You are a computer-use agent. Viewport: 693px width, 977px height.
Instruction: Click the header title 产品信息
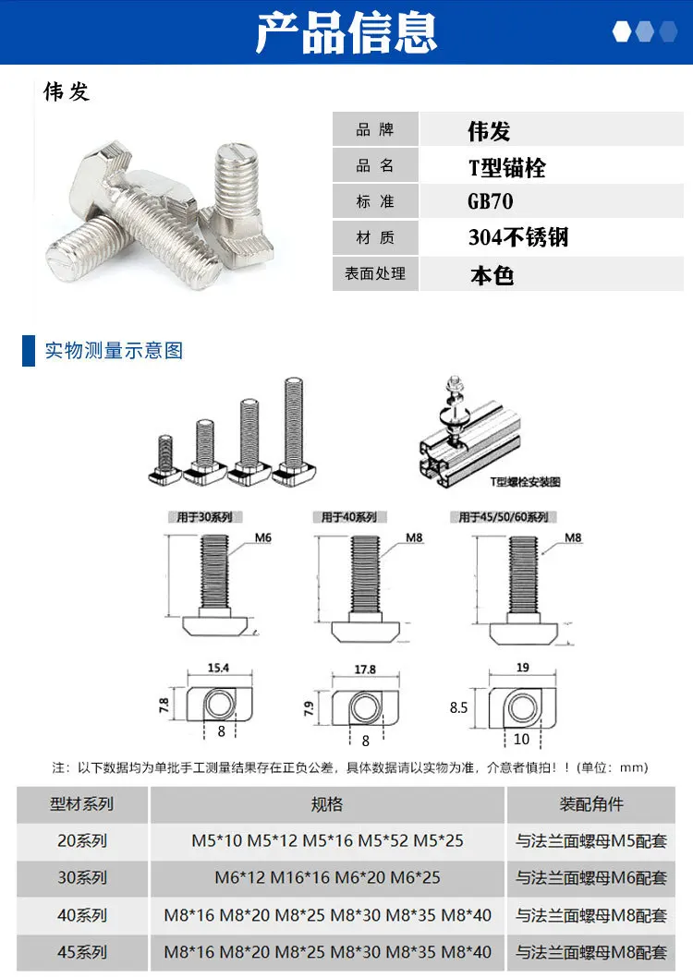click(x=346, y=32)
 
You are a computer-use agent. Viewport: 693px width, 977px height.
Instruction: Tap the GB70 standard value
click(x=490, y=202)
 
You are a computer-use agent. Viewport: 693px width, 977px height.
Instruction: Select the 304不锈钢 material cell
click(x=517, y=238)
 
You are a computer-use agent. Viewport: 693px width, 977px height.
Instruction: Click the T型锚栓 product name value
click(x=506, y=167)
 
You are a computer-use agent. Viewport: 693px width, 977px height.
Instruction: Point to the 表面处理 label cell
click(x=375, y=274)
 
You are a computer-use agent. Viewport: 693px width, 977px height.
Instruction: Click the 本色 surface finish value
click(x=491, y=275)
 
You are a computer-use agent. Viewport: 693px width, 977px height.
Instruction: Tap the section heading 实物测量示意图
click(x=115, y=351)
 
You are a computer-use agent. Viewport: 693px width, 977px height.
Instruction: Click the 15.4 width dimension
click(x=219, y=668)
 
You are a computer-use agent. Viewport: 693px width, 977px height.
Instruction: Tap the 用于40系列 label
click(x=354, y=517)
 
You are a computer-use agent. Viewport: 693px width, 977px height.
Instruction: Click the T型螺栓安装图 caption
click(x=526, y=482)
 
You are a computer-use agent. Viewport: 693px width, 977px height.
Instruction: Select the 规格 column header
click(x=327, y=804)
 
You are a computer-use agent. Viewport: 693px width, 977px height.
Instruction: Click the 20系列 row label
click(x=82, y=841)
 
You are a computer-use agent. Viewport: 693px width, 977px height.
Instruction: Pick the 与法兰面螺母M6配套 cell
click(x=590, y=878)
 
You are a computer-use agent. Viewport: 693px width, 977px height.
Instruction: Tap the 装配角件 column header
click(x=591, y=804)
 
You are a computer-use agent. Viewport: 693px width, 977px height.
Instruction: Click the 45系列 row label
click(x=82, y=952)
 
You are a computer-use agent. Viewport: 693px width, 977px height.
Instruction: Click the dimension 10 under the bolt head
click(x=522, y=740)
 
